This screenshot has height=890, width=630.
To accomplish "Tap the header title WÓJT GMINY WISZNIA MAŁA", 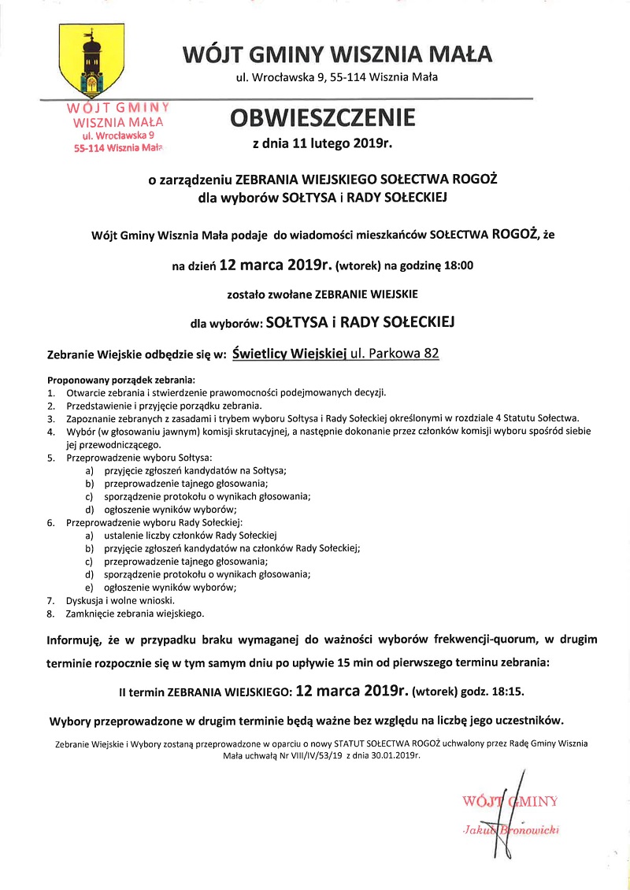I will (337, 54).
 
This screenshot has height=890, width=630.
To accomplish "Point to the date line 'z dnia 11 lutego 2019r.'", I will (321, 145).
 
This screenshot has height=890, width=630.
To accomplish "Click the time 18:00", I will (458, 265).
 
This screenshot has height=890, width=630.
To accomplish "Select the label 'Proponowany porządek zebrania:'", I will (121, 379).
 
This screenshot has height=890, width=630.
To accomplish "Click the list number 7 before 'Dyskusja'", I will (50, 599).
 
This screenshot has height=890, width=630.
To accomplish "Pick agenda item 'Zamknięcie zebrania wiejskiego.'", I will (135, 613).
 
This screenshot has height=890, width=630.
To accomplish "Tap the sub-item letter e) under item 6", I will (90, 587).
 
